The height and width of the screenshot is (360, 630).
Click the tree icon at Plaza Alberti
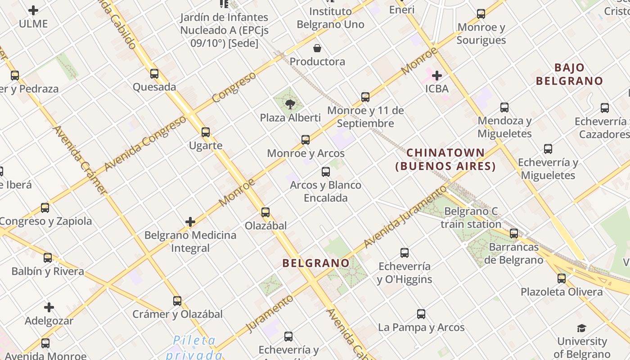[x=290, y=104]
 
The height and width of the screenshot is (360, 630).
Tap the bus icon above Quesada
[x=154, y=73]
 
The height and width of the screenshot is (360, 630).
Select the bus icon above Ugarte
[x=206, y=132]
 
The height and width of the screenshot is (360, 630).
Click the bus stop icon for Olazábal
[x=265, y=212]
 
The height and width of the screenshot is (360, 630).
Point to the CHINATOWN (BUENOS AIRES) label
[x=445, y=159]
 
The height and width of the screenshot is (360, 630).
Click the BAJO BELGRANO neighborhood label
[x=569, y=74]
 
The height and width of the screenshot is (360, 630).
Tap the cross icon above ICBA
[x=436, y=75]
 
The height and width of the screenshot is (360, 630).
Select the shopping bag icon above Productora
[x=317, y=48]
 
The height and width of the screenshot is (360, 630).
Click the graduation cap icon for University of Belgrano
[x=582, y=328]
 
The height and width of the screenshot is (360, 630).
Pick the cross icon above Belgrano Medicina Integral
[x=190, y=222]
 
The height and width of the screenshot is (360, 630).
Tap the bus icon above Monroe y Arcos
[x=306, y=139]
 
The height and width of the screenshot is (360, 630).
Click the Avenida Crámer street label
[x=80, y=160]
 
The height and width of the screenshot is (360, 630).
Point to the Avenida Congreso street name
[x=145, y=143]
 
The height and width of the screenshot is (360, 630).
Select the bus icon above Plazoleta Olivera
[x=561, y=278]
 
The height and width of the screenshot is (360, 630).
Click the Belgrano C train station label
[x=471, y=217]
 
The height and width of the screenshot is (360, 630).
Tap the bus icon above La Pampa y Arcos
[x=421, y=314]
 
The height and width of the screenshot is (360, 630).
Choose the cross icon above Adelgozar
[x=49, y=307]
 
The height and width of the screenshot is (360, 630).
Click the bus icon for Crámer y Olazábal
[x=177, y=301]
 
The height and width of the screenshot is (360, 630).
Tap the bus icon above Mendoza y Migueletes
[x=504, y=107]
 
